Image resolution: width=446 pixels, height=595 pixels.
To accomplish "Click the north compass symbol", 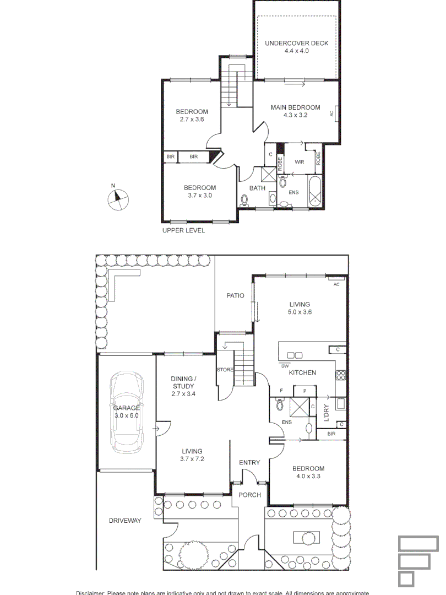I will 118,199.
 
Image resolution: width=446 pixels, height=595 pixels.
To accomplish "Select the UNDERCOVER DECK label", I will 296,43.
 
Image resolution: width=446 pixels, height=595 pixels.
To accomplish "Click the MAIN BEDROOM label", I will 295,107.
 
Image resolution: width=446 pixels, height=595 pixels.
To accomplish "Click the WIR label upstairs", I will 300,162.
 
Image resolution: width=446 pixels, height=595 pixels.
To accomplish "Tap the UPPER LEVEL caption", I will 183,230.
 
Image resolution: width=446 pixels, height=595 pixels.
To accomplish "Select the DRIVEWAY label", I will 125,520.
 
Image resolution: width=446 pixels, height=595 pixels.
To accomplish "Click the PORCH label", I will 249,495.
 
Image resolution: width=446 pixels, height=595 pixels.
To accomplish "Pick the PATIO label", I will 235,296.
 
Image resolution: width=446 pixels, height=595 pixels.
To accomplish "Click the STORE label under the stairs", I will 225,370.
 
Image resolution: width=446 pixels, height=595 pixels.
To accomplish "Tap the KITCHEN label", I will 303,373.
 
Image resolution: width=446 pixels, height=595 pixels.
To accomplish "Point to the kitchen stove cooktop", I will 340,376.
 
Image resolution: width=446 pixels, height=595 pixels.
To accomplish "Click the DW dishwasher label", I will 285,366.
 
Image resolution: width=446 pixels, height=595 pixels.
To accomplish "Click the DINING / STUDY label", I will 183,382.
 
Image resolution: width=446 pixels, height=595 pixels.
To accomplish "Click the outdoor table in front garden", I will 303,537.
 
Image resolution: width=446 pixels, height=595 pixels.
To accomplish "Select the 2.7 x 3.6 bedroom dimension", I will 192,119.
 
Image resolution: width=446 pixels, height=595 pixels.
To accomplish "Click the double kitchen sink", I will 295,356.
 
